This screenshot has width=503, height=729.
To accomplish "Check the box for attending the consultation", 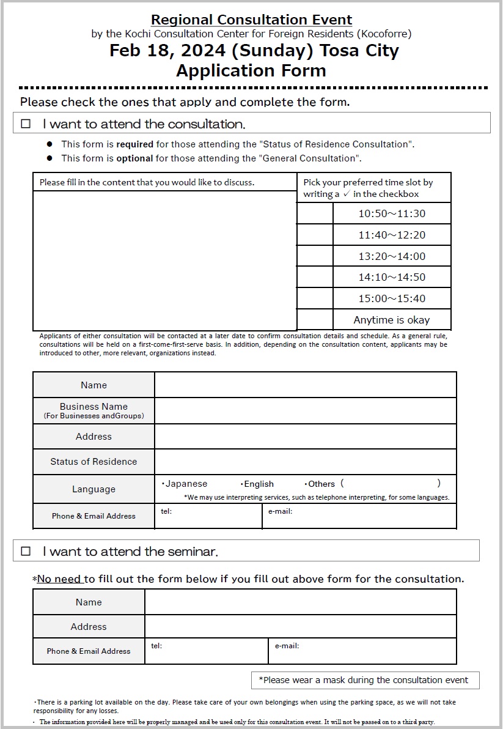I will (26, 124).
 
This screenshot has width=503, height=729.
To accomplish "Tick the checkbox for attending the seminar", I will (26, 551).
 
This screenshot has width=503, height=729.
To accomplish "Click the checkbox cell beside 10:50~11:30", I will (315, 213).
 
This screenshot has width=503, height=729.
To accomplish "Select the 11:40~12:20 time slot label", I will (392, 235).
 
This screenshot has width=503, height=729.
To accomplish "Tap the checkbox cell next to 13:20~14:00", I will (315, 256).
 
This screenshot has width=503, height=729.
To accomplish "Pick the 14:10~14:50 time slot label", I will (392, 277).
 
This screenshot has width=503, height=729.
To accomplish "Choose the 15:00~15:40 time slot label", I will (392, 298).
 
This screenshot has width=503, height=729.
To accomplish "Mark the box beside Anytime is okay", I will (315, 320).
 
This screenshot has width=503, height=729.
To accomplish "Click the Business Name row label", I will (94, 410).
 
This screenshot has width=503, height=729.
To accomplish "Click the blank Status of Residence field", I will (305, 462).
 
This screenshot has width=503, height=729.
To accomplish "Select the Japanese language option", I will (185, 484).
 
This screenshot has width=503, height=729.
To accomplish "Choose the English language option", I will (257, 484).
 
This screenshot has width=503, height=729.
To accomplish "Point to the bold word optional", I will (134, 158).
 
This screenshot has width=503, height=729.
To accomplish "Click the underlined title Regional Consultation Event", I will (251, 20).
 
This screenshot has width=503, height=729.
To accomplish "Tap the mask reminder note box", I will (365, 680).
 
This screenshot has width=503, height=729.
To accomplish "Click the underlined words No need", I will (60, 579).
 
